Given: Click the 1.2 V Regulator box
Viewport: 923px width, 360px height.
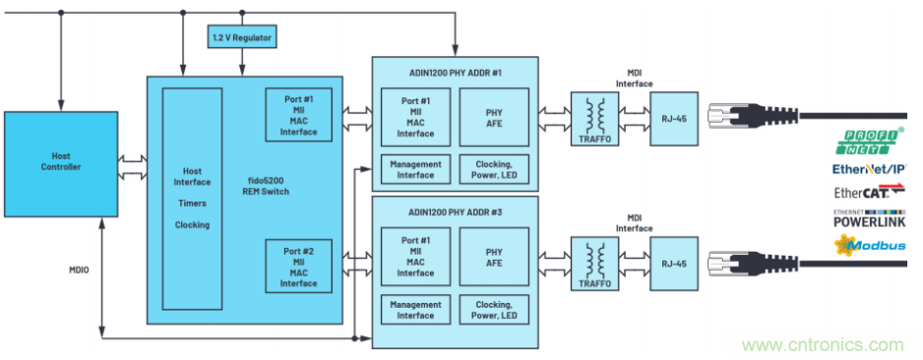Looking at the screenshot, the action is tap(242, 37).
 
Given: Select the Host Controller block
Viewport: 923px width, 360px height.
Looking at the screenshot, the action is tap(61, 164).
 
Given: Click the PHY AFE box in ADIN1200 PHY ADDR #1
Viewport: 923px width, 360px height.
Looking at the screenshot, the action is tap(494, 117).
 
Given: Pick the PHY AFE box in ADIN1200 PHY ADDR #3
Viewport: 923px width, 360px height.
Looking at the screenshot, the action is tap(494, 257).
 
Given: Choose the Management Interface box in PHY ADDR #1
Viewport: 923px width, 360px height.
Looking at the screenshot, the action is tap(415, 169).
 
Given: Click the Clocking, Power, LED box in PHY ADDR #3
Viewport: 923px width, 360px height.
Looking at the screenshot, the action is tap(494, 310).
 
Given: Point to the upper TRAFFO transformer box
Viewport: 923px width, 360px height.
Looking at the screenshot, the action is tap(594, 119).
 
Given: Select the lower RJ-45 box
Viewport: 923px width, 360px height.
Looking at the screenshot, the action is tap(674, 264).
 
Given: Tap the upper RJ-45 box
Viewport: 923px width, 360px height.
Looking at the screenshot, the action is tap(674, 118).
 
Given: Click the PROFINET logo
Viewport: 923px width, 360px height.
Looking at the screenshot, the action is tap(870, 143).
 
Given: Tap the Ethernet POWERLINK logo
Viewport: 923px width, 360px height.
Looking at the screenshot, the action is tap(870, 218).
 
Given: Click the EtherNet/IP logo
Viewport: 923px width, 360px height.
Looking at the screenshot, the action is tap(870, 169).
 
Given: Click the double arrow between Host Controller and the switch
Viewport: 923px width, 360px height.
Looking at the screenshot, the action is tap(133, 167).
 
